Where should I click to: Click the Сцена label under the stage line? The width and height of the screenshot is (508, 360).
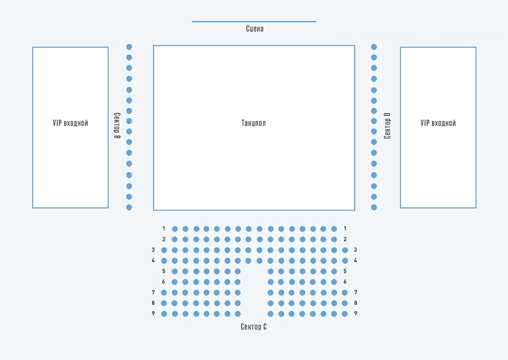pos(255,29)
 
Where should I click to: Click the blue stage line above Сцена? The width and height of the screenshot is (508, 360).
pos(254,21)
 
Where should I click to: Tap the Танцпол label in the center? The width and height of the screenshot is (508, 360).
pos(254,123)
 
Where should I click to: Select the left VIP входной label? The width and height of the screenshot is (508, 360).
pos(71,123)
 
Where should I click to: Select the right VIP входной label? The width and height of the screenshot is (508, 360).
pos(438,123)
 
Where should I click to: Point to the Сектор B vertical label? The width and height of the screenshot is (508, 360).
pos(117,126)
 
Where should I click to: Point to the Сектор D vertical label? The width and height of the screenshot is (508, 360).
pos(387,126)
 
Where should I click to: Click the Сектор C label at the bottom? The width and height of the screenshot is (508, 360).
pos(253,326)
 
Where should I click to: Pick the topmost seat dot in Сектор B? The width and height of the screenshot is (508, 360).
pos(129,47)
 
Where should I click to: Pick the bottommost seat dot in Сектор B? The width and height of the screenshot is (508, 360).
pos(129,207)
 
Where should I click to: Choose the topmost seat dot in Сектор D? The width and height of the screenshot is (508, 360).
pos(374,47)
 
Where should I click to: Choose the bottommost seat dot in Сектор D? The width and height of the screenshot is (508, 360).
pos(374,207)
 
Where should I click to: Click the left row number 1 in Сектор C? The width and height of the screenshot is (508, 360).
pos(164,228)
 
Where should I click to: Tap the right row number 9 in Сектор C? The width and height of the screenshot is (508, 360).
pos(356,314)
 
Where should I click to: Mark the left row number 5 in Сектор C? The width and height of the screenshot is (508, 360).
pos(164,271)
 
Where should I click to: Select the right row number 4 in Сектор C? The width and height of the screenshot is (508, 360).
pos(356,260)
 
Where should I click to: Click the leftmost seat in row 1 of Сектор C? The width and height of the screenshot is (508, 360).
pos(175,228)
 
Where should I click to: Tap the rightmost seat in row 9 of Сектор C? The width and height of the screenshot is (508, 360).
pos(345,314)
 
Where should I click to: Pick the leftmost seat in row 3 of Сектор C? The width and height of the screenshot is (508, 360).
pos(164,250)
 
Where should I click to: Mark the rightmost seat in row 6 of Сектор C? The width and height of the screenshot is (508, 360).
pos(334,282)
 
